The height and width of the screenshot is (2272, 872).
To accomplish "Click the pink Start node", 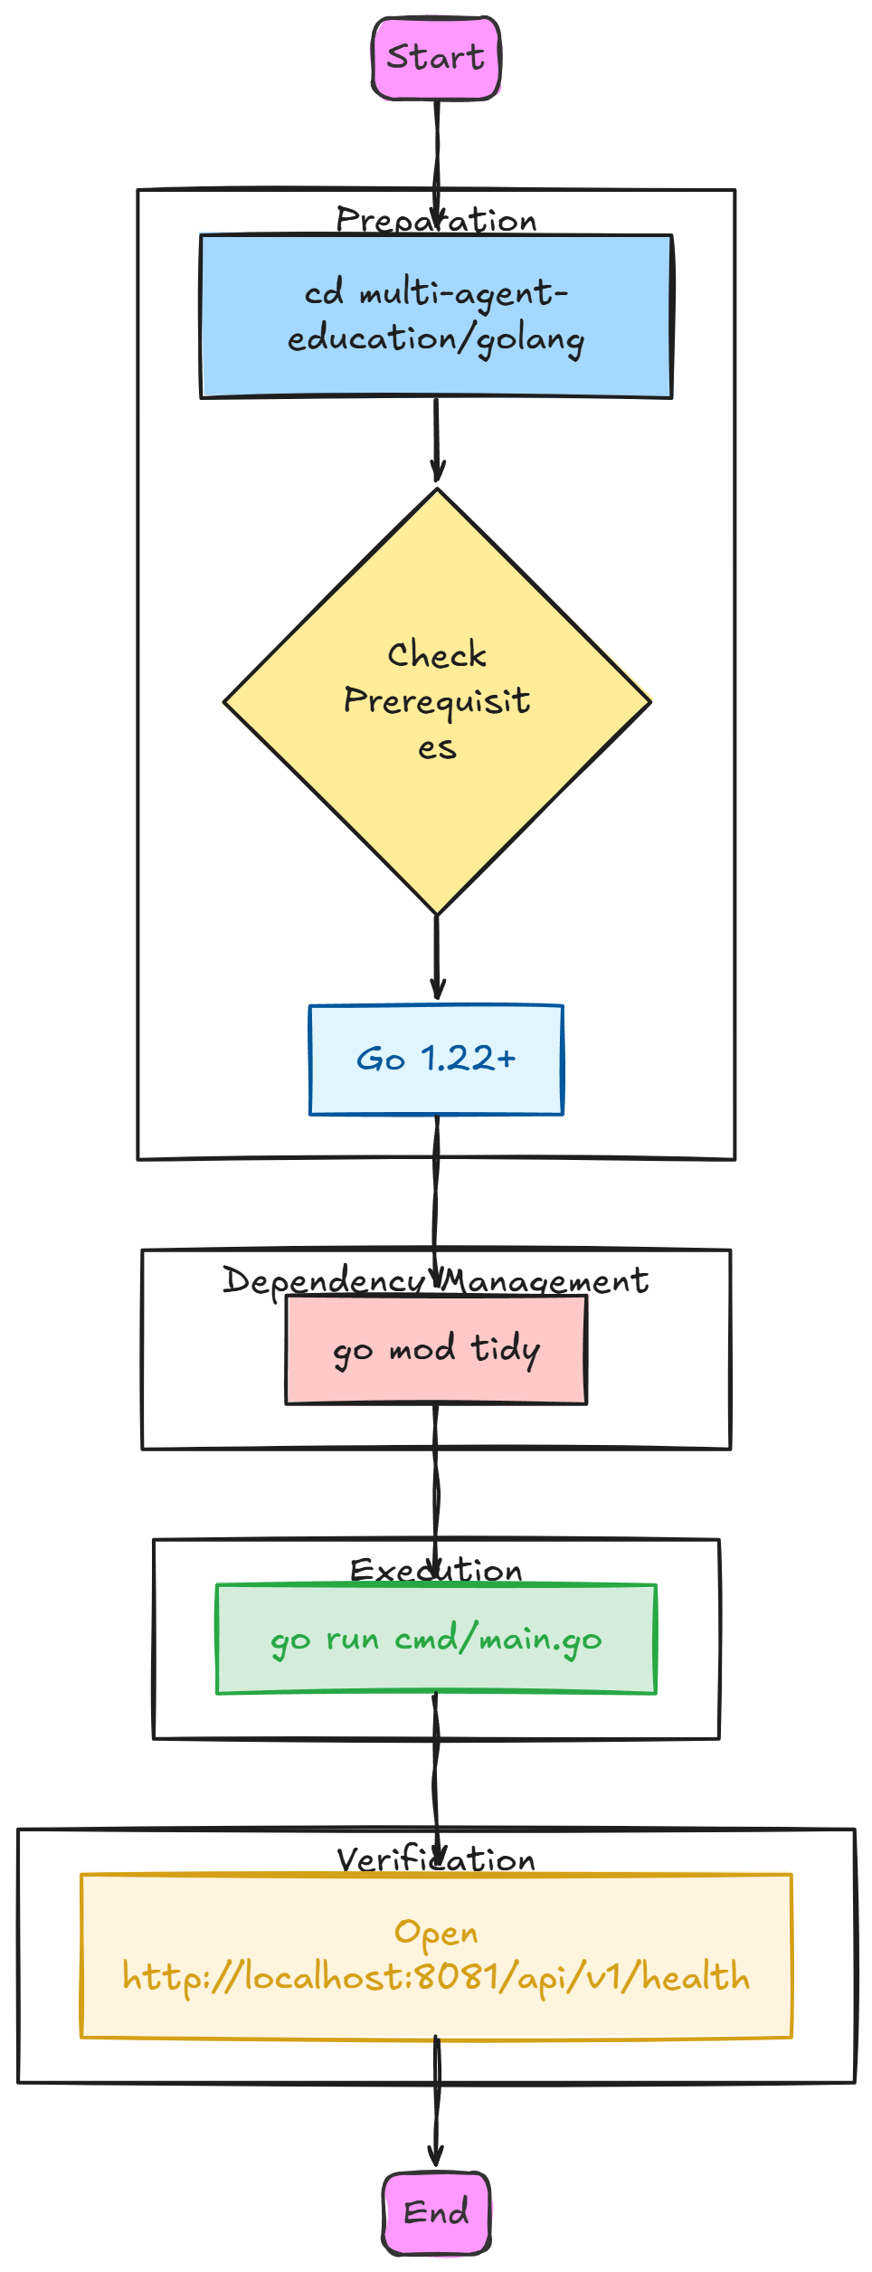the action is [x=436, y=58].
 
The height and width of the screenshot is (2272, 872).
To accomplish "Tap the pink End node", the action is [x=436, y=2212].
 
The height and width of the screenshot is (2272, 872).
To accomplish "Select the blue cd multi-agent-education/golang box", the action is [x=436, y=316].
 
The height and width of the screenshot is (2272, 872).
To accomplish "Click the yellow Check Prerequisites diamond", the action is [x=437, y=701].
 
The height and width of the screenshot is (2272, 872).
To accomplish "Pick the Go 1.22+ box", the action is [x=436, y=1060].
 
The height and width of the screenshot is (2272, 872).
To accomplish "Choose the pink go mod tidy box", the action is [x=436, y=1349].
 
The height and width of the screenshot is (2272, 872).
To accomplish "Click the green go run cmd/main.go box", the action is [x=436, y=1639].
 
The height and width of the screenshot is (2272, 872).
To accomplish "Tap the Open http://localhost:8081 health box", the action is [x=436, y=1955].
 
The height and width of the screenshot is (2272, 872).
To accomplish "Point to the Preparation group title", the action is [x=436, y=220].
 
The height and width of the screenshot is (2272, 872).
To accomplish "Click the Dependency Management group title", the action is [x=436, y=1280].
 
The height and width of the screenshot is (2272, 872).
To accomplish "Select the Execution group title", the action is [x=436, y=1570].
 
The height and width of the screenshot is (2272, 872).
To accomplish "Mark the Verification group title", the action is [x=436, y=1859].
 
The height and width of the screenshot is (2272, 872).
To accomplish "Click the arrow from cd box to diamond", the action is [x=437, y=441].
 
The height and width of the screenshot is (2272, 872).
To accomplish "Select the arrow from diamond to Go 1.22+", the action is [x=437, y=957].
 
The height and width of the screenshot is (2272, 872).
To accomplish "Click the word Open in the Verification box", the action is [x=436, y=1934].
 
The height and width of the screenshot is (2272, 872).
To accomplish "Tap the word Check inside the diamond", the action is [x=437, y=654].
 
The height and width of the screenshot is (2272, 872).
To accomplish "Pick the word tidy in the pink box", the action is [x=506, y=1350].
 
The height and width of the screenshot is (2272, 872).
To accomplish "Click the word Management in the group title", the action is [x=545, y=1281].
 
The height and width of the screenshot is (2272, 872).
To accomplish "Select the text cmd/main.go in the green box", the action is [x=498, y=1640].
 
